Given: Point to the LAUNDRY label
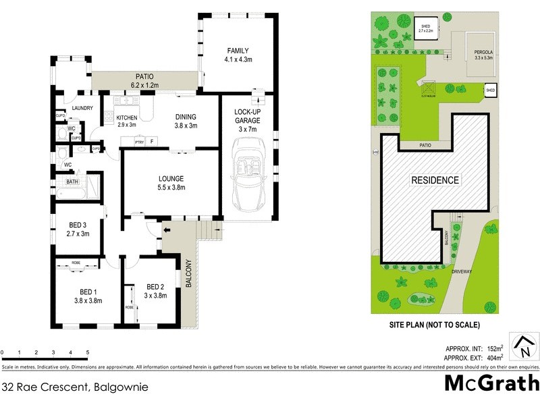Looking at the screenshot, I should [72, 108].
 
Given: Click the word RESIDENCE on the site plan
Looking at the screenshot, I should [435, 180].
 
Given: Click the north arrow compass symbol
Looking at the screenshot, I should [523, 347].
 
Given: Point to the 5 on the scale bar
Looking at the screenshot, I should [87, 352].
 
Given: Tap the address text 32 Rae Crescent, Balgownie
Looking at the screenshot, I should [75, 387].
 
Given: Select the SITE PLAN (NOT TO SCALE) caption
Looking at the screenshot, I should [435, 325].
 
